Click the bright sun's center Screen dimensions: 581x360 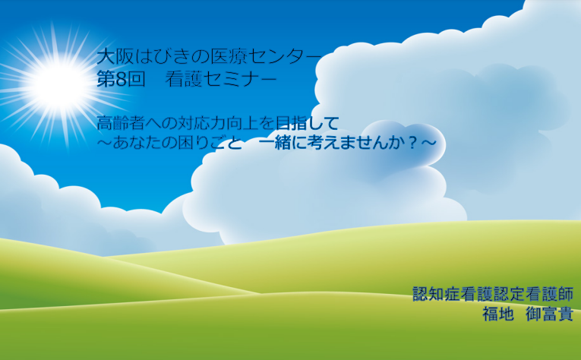pyautogui.click(x=58, y=84)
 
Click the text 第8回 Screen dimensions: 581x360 pyautogui.click(x=121, y=79)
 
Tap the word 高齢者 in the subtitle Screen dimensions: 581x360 pyautogui.click(x=121, y=123)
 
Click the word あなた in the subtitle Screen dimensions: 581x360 pyautogui.click(x=137, y=143)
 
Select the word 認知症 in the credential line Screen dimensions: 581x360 pyautogui.click(x=437, y=294)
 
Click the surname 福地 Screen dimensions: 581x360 pyautogui.click(x=498, y=314)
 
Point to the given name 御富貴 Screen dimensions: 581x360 pyautogui.click(x=550, y=314)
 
